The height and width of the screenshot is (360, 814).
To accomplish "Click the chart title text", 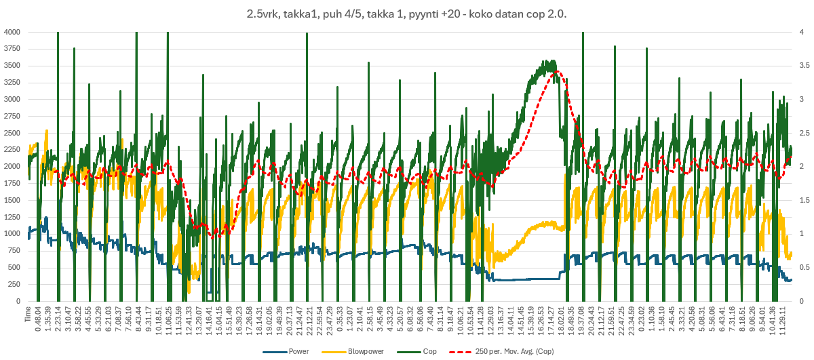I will pos(407,14).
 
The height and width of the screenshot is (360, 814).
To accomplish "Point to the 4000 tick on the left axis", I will pos(12,32).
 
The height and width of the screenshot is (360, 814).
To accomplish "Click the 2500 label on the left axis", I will pos(12,133).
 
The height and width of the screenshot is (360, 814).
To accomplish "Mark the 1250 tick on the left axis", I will pos(12,217).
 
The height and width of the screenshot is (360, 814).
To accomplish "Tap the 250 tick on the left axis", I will pos(15,284).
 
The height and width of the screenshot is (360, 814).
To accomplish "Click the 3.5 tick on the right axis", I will pos(801,66).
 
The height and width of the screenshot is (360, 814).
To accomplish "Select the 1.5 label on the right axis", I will pos(801,200).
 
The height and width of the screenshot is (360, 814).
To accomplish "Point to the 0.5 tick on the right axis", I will pos(801,267).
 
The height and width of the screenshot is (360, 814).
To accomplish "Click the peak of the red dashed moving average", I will pos(557,71).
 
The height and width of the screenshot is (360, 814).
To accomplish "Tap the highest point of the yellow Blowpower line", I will pos(46,130).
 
